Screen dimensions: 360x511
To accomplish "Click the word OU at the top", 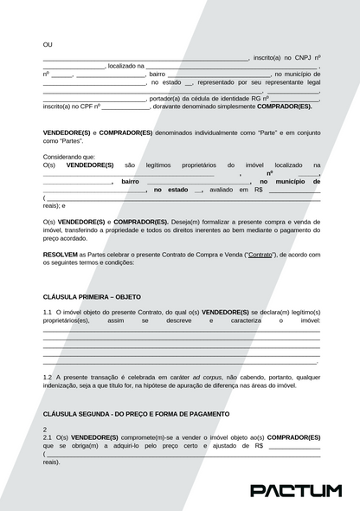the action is [48, 44].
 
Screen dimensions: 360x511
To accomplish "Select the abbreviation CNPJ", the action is [299, 57].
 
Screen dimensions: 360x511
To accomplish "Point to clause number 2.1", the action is [48, 438].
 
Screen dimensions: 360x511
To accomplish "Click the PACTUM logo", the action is [296, 490].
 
